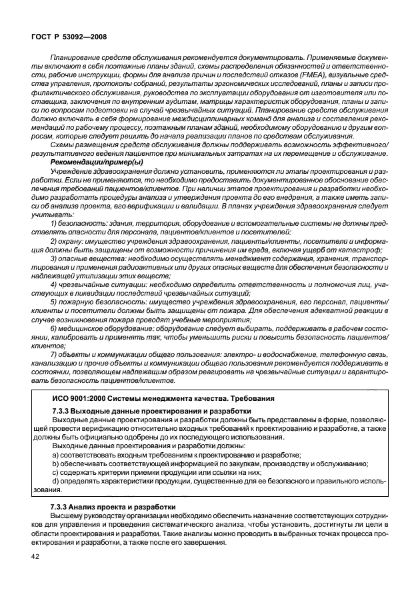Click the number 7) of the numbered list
(x=54, y=356)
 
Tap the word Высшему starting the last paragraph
(x=67, y=517)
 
